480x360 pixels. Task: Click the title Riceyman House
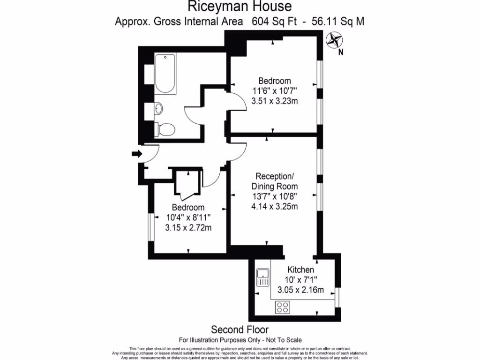tap(240, 7)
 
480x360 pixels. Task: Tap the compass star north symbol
tap(335, 40)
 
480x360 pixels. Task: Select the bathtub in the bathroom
tap(165, 74)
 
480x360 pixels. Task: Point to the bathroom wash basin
tap(159, 109)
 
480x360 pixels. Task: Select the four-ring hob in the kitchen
tap(283, 307)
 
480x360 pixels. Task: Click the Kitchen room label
tap(300, 270)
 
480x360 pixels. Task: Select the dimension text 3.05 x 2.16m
tap(300, 290)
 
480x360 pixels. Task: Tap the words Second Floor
tap(240, 330)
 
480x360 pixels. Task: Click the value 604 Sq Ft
tap(272, 21)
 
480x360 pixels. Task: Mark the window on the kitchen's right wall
tap(338, 297)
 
